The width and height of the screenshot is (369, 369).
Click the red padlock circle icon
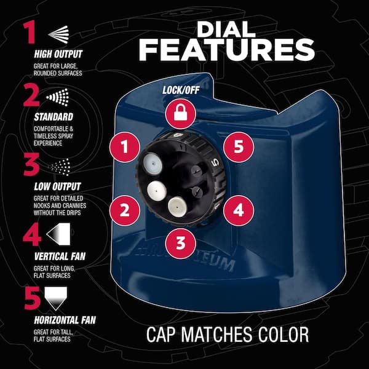coord(180,114)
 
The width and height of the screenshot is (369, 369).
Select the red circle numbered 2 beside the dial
coord(125,210)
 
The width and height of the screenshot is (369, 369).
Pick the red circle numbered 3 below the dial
coord(180,242)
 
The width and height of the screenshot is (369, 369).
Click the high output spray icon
coord(58,33)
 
